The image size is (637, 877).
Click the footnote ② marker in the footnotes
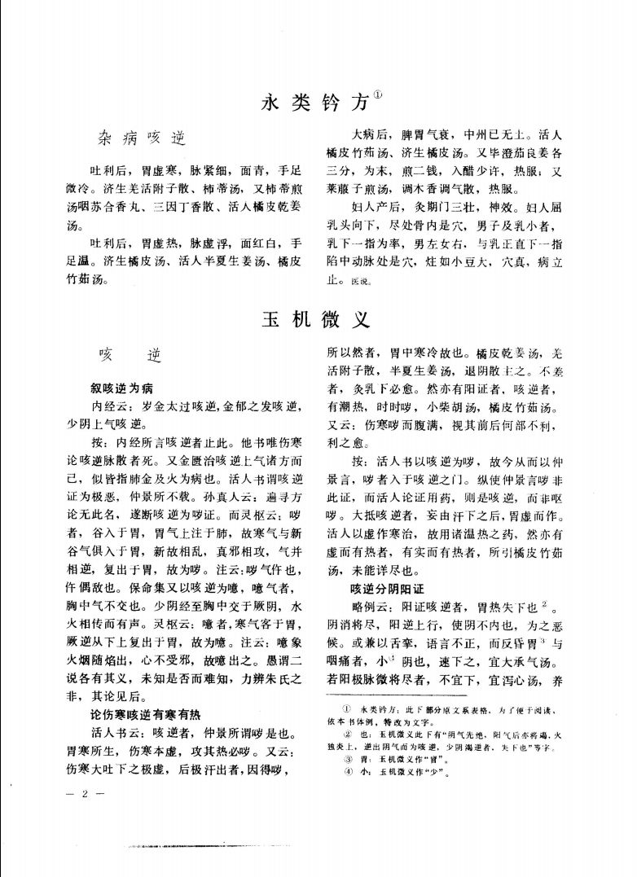(347, 734)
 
